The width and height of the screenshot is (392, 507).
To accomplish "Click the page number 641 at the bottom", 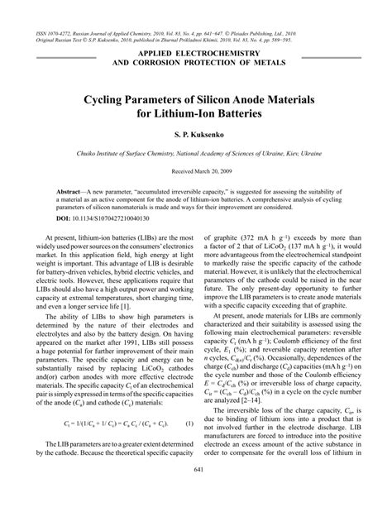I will click(x=195, y=495).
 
